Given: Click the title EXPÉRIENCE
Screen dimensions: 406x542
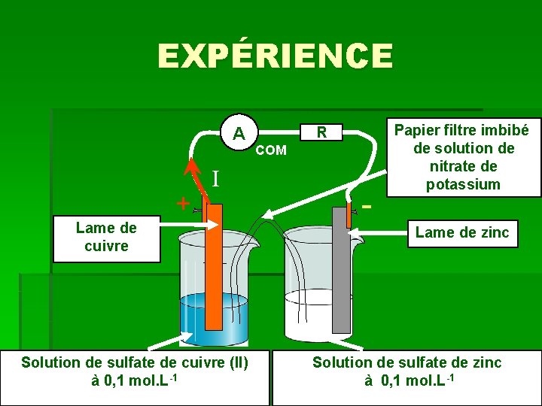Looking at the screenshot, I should (x=275, y=56).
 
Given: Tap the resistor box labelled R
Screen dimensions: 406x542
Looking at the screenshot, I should (x=321, y=132).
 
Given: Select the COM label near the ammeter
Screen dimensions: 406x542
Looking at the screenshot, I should (x=271, y=150).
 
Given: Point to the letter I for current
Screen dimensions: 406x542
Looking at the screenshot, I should (x=215, y=179).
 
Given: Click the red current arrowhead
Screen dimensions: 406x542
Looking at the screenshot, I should (x=193, y=166).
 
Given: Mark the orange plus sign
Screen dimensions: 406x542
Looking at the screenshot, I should (x=181, y=203).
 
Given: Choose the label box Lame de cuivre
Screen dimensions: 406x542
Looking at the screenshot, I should (x=107, y=237).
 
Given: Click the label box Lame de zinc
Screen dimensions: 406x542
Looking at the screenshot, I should (x=462, y=233).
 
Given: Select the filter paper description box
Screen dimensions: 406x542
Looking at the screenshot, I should (x=462, y=156).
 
